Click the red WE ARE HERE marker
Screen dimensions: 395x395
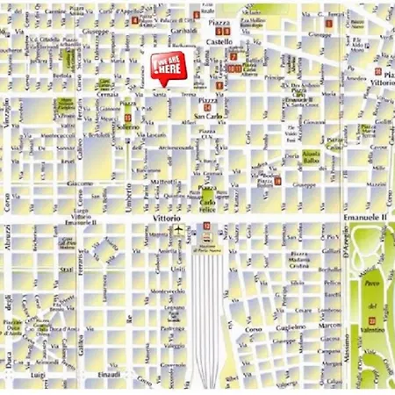(x=165, y=68)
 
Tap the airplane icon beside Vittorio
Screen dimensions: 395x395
(x=176, y=230)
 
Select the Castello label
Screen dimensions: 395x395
(x=219, y=41)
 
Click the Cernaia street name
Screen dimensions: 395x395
(x=106, y=93)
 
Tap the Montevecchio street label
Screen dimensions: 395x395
(x=169, y=291)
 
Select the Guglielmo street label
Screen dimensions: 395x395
(x=291, y=327)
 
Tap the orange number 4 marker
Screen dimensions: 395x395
(x=134, y=19)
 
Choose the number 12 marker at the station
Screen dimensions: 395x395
(x=207, y=226)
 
